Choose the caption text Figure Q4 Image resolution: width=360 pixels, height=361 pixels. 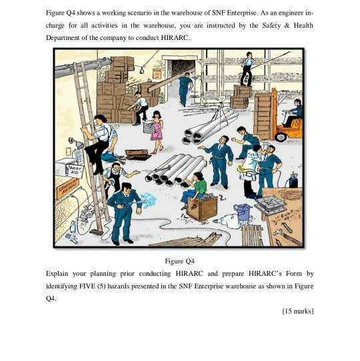click(179, 261)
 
